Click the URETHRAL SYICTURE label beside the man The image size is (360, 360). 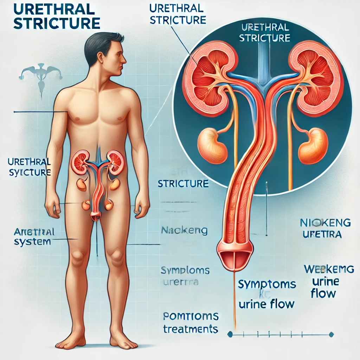click(29, 167)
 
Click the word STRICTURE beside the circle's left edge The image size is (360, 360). click(183, 183)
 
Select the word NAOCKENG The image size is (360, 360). click(184, 231)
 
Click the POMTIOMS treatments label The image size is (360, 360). click(191, 323)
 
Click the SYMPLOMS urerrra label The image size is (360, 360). click(185, 276)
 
